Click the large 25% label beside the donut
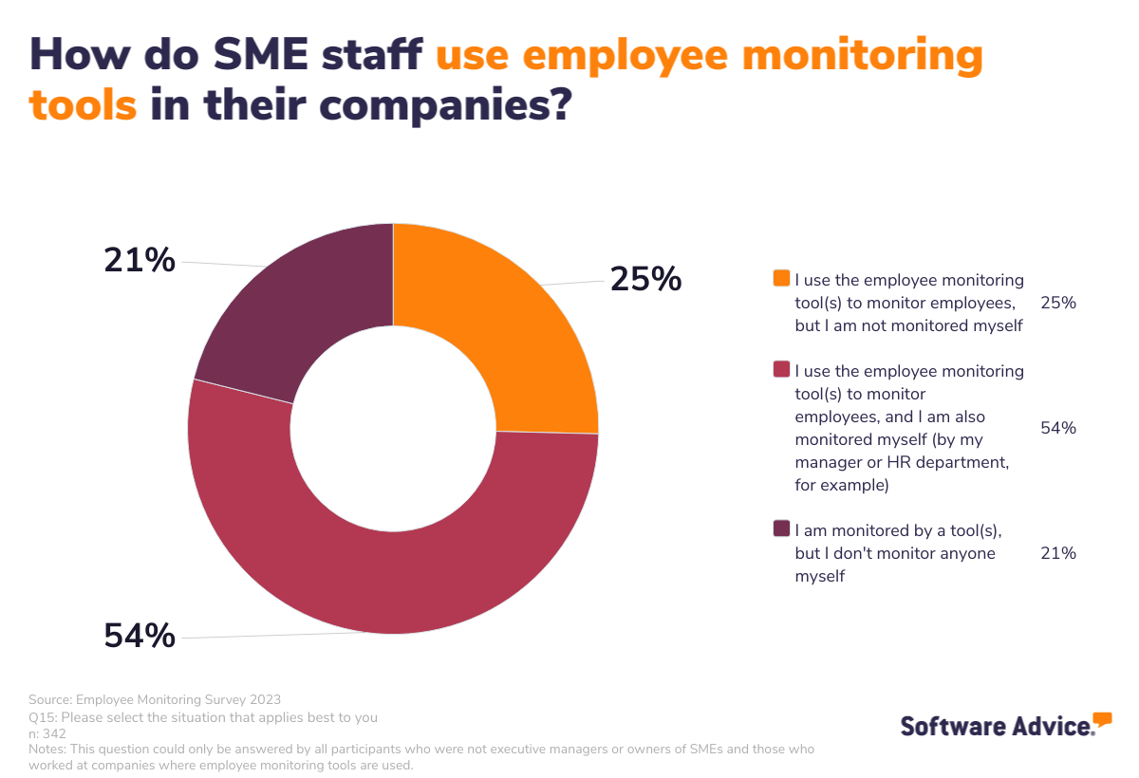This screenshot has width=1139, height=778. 645,279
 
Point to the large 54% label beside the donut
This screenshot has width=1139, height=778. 140,636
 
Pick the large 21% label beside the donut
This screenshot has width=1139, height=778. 140,259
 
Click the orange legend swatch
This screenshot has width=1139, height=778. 781,279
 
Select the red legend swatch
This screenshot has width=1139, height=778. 781,369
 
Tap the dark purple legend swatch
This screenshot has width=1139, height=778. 781,528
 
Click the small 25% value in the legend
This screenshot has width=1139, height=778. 1057,304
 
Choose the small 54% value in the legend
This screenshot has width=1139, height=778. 1057,428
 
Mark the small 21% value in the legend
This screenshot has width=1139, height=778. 1057,553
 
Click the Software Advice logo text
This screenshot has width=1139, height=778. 997,727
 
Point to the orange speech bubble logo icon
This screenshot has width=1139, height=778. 1102,719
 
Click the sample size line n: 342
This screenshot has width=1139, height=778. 47,733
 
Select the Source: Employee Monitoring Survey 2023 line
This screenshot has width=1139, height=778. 155,700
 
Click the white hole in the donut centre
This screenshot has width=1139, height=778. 393,429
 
